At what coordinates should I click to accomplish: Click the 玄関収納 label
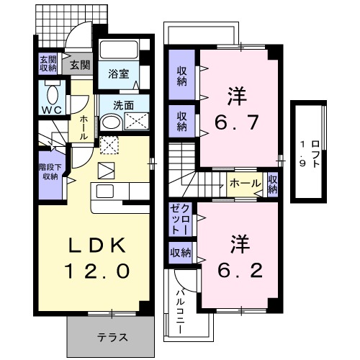click(48, 63)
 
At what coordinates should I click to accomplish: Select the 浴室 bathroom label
click(118, 73)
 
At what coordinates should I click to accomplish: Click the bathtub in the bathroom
click(120, 50)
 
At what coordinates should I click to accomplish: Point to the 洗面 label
click(123, 104)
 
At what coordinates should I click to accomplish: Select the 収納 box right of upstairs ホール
click(273, 184)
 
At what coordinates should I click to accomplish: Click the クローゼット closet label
click(180, 219)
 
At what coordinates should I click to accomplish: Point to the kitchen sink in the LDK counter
click(104, 192)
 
